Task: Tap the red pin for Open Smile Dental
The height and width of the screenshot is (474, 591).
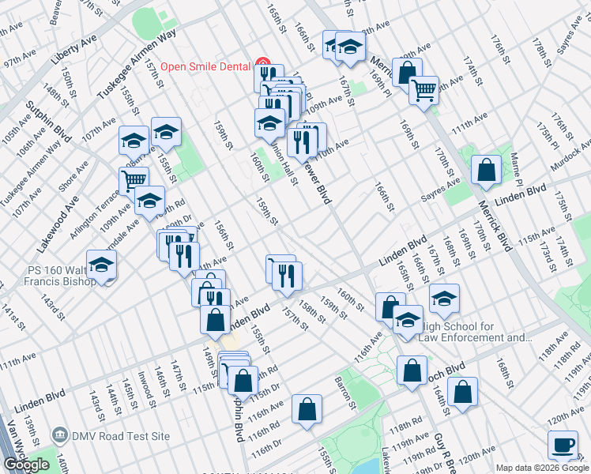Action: click(x=262, y=66)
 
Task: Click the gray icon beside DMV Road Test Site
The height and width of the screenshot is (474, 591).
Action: click(x=59, y=435)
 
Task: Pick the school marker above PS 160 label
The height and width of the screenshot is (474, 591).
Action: click(x=101, y=266)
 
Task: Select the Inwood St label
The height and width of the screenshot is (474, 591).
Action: click(x=144, y=386)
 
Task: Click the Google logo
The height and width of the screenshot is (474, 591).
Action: click(x=26, y=465)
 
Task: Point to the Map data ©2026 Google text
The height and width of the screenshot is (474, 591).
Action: click(x=542, y=468)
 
